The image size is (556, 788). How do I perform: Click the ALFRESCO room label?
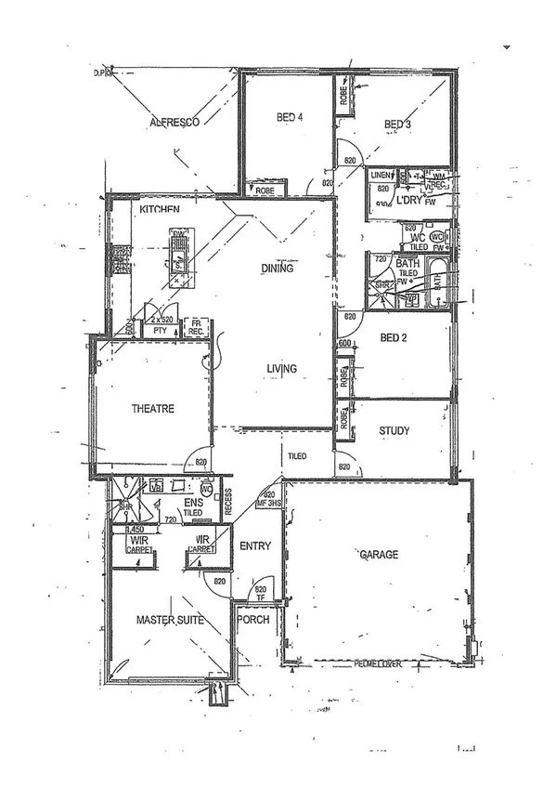coord(176,123)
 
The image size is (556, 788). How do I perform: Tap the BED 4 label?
coord(291,118)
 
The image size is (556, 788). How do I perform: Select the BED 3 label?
coord(398,124)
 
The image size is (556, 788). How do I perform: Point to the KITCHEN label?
coord(160,211)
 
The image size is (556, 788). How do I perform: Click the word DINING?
coord(278,269)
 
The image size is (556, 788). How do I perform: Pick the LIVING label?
coord(281,369)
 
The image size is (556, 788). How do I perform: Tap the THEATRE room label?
coord(152,408)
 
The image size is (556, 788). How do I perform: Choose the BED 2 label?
coord(394,337)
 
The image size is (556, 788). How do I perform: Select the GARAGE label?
coord(379,555)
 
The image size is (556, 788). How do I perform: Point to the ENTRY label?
coord(254,546)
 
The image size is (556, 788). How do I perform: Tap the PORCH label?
coord(253,619)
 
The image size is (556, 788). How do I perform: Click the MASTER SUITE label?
coord(170,619)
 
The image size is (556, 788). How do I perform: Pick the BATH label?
coord(407,264)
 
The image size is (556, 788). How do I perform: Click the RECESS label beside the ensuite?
coord(228,503)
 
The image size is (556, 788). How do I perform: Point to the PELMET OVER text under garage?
coord(377,664)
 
